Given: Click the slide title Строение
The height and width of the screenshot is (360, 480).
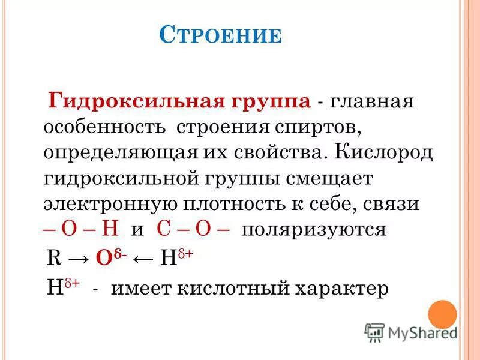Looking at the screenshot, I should click(x=221, y=35).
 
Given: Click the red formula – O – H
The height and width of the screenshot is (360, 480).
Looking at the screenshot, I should click(x=83, y=230).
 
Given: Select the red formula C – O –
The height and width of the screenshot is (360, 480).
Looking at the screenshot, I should click(x=194, y=230).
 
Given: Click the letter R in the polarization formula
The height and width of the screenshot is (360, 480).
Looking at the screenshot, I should click(x=52, y=259).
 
